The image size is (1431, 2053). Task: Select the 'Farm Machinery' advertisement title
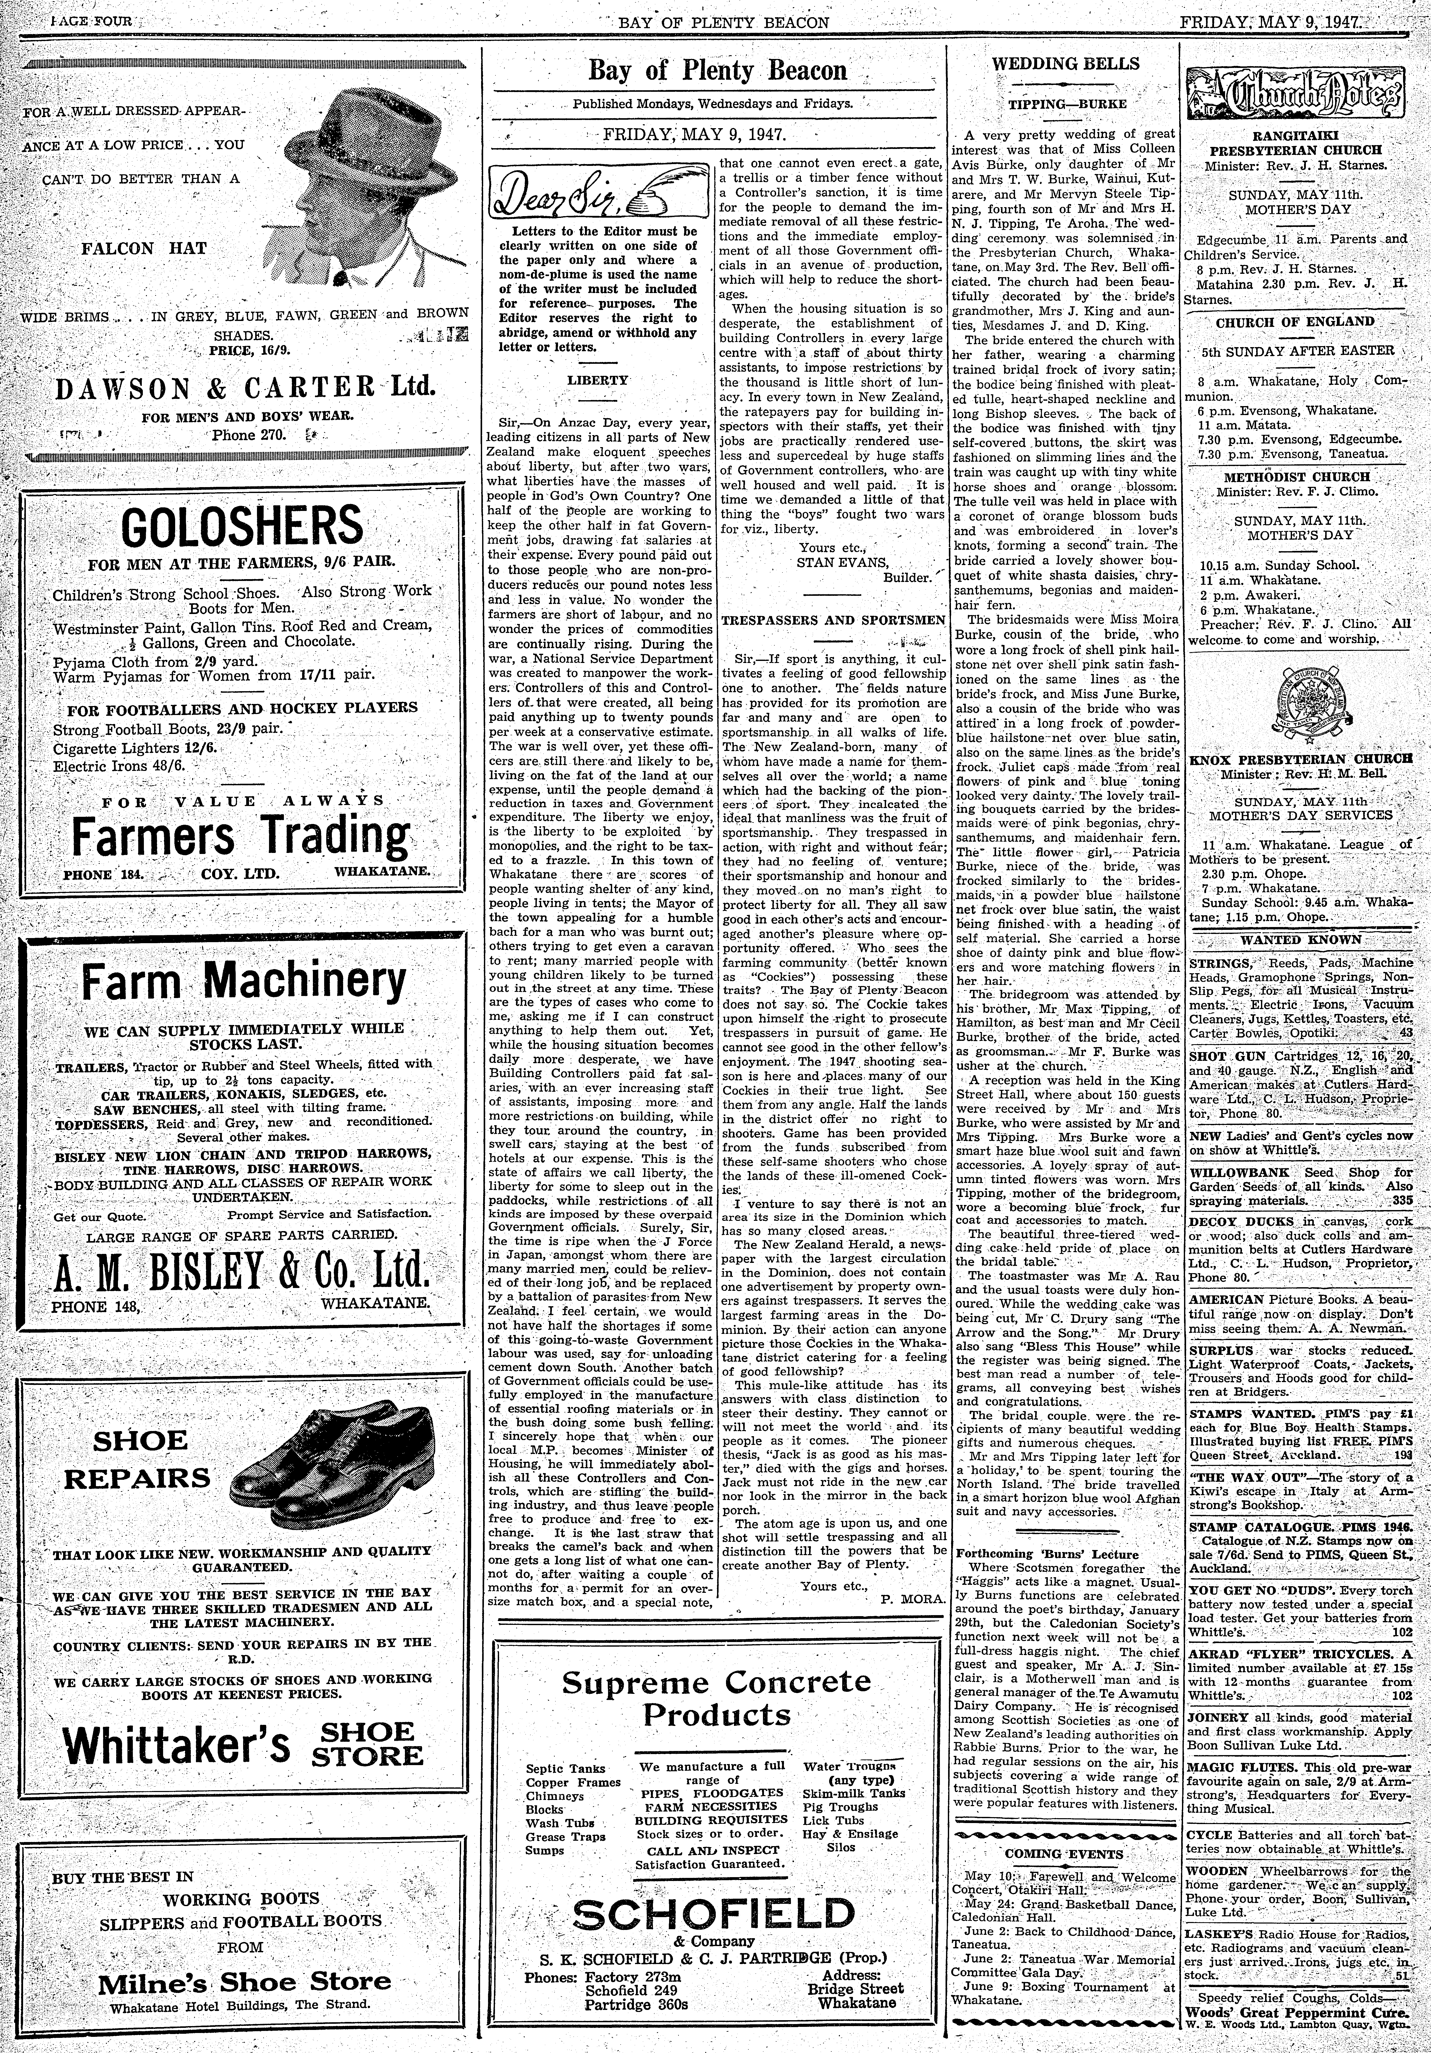point(243,981)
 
